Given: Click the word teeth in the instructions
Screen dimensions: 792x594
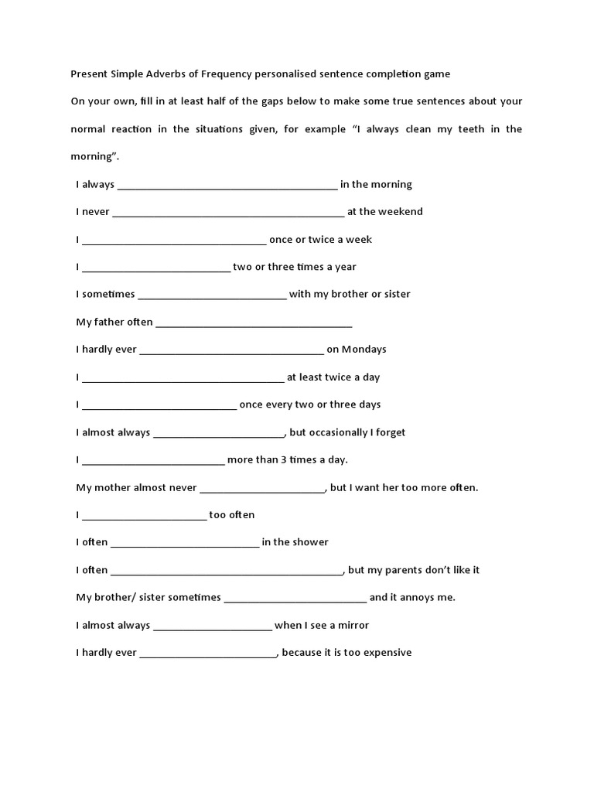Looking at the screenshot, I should pyautogui.click(x=479, y=129).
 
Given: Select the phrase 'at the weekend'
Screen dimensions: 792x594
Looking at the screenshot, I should pyautogui.click(x=384, y=212).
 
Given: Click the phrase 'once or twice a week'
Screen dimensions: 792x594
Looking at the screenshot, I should pyautogui.click(x=320, y=240).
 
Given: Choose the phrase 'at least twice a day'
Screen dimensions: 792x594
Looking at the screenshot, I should pyautogui.click(x=333, y=377).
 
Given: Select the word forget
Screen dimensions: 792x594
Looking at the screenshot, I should pyautogui.click(x=390, y=432).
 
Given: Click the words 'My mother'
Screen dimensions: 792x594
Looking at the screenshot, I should pyautogui.click(x=103, y=488).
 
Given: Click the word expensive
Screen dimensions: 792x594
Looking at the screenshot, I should pyautogui.click(x=385, y=653).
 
